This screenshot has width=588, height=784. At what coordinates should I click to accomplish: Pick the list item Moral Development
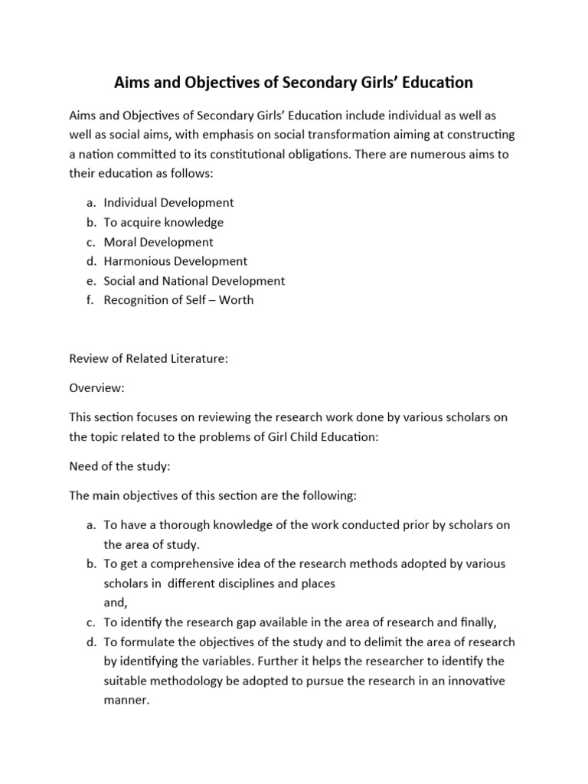tap(158, 242)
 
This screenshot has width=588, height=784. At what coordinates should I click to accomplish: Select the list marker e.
tap(89, 281)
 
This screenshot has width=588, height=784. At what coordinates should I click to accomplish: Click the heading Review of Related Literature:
tap(149, 358)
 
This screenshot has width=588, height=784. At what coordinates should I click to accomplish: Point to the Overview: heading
tap(96, 388)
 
